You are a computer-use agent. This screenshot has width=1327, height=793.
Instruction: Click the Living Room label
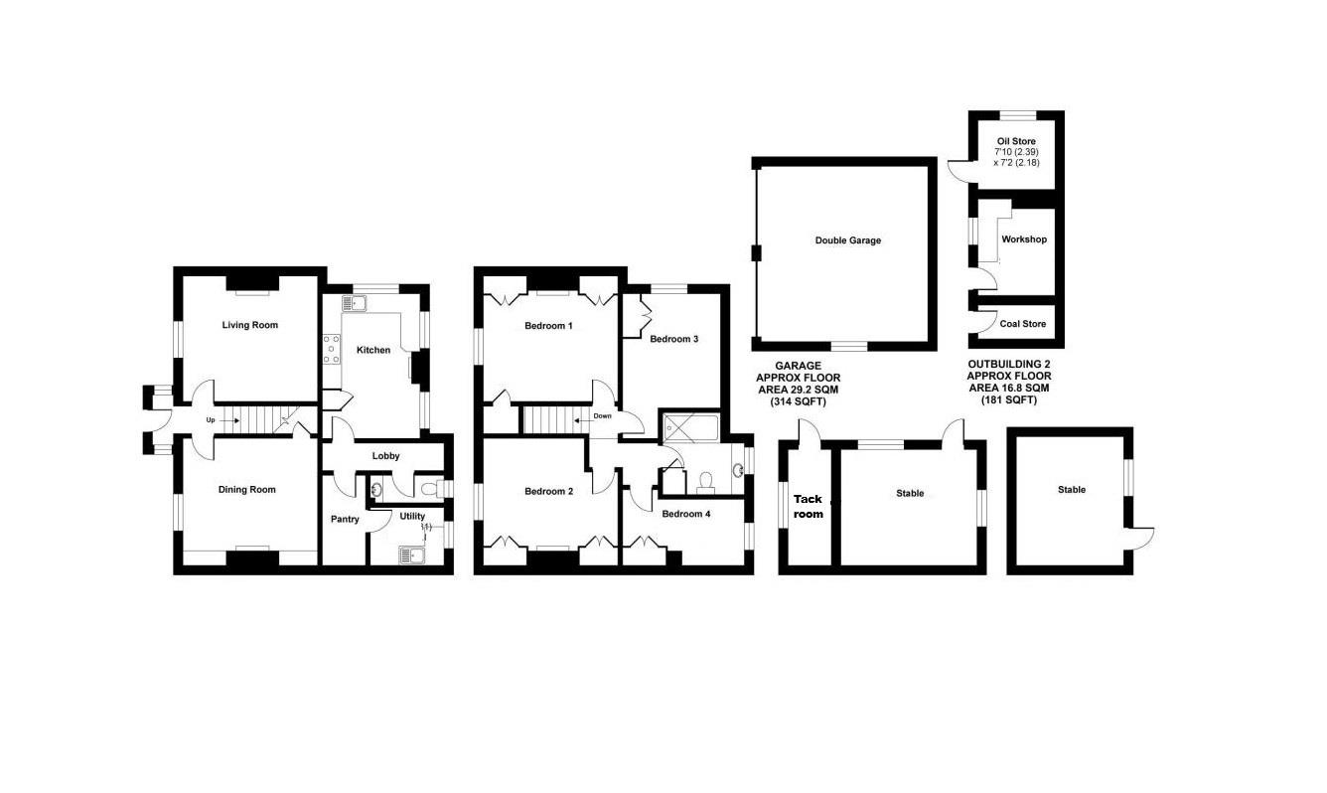click(x=249, y=325)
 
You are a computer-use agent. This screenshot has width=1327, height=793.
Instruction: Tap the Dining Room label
click(x=246, y=489)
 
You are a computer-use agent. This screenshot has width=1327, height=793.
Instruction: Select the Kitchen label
click(x=373, y=350)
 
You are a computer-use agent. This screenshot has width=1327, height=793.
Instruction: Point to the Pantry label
click(x=345, y=519)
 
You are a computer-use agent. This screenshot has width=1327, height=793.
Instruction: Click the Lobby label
click(x=385, y=456)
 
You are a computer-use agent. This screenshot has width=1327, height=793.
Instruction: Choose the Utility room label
click(x=411, y=516)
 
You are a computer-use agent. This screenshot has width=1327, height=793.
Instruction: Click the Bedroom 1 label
click(x=548, y=326)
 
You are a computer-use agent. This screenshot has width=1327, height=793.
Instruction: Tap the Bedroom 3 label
click(x=673, y=339)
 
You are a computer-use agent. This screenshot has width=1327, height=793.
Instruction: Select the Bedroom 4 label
click(x=686, y=514)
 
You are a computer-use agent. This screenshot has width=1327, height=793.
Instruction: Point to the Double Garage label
click(x=847, y=240)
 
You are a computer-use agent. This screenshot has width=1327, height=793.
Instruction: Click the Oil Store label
click(x=1016, y=141)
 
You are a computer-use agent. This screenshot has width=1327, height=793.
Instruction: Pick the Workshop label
click(x=1023, y=239)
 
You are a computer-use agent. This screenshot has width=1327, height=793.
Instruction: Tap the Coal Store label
click(x=1022, y=324)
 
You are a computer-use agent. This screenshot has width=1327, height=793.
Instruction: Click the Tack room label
click(x=808, y=507)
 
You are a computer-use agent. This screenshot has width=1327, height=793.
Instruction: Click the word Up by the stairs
click(x=210, y=420)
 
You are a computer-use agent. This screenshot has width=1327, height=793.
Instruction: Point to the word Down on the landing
click(x=602, y=416)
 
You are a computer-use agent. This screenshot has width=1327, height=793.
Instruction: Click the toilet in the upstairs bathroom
click(x=707, y=483)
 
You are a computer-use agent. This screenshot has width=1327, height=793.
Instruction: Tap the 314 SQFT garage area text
click(x=798, y=401)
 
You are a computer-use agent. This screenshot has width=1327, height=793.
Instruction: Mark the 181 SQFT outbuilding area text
click(x=1008, y=400)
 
